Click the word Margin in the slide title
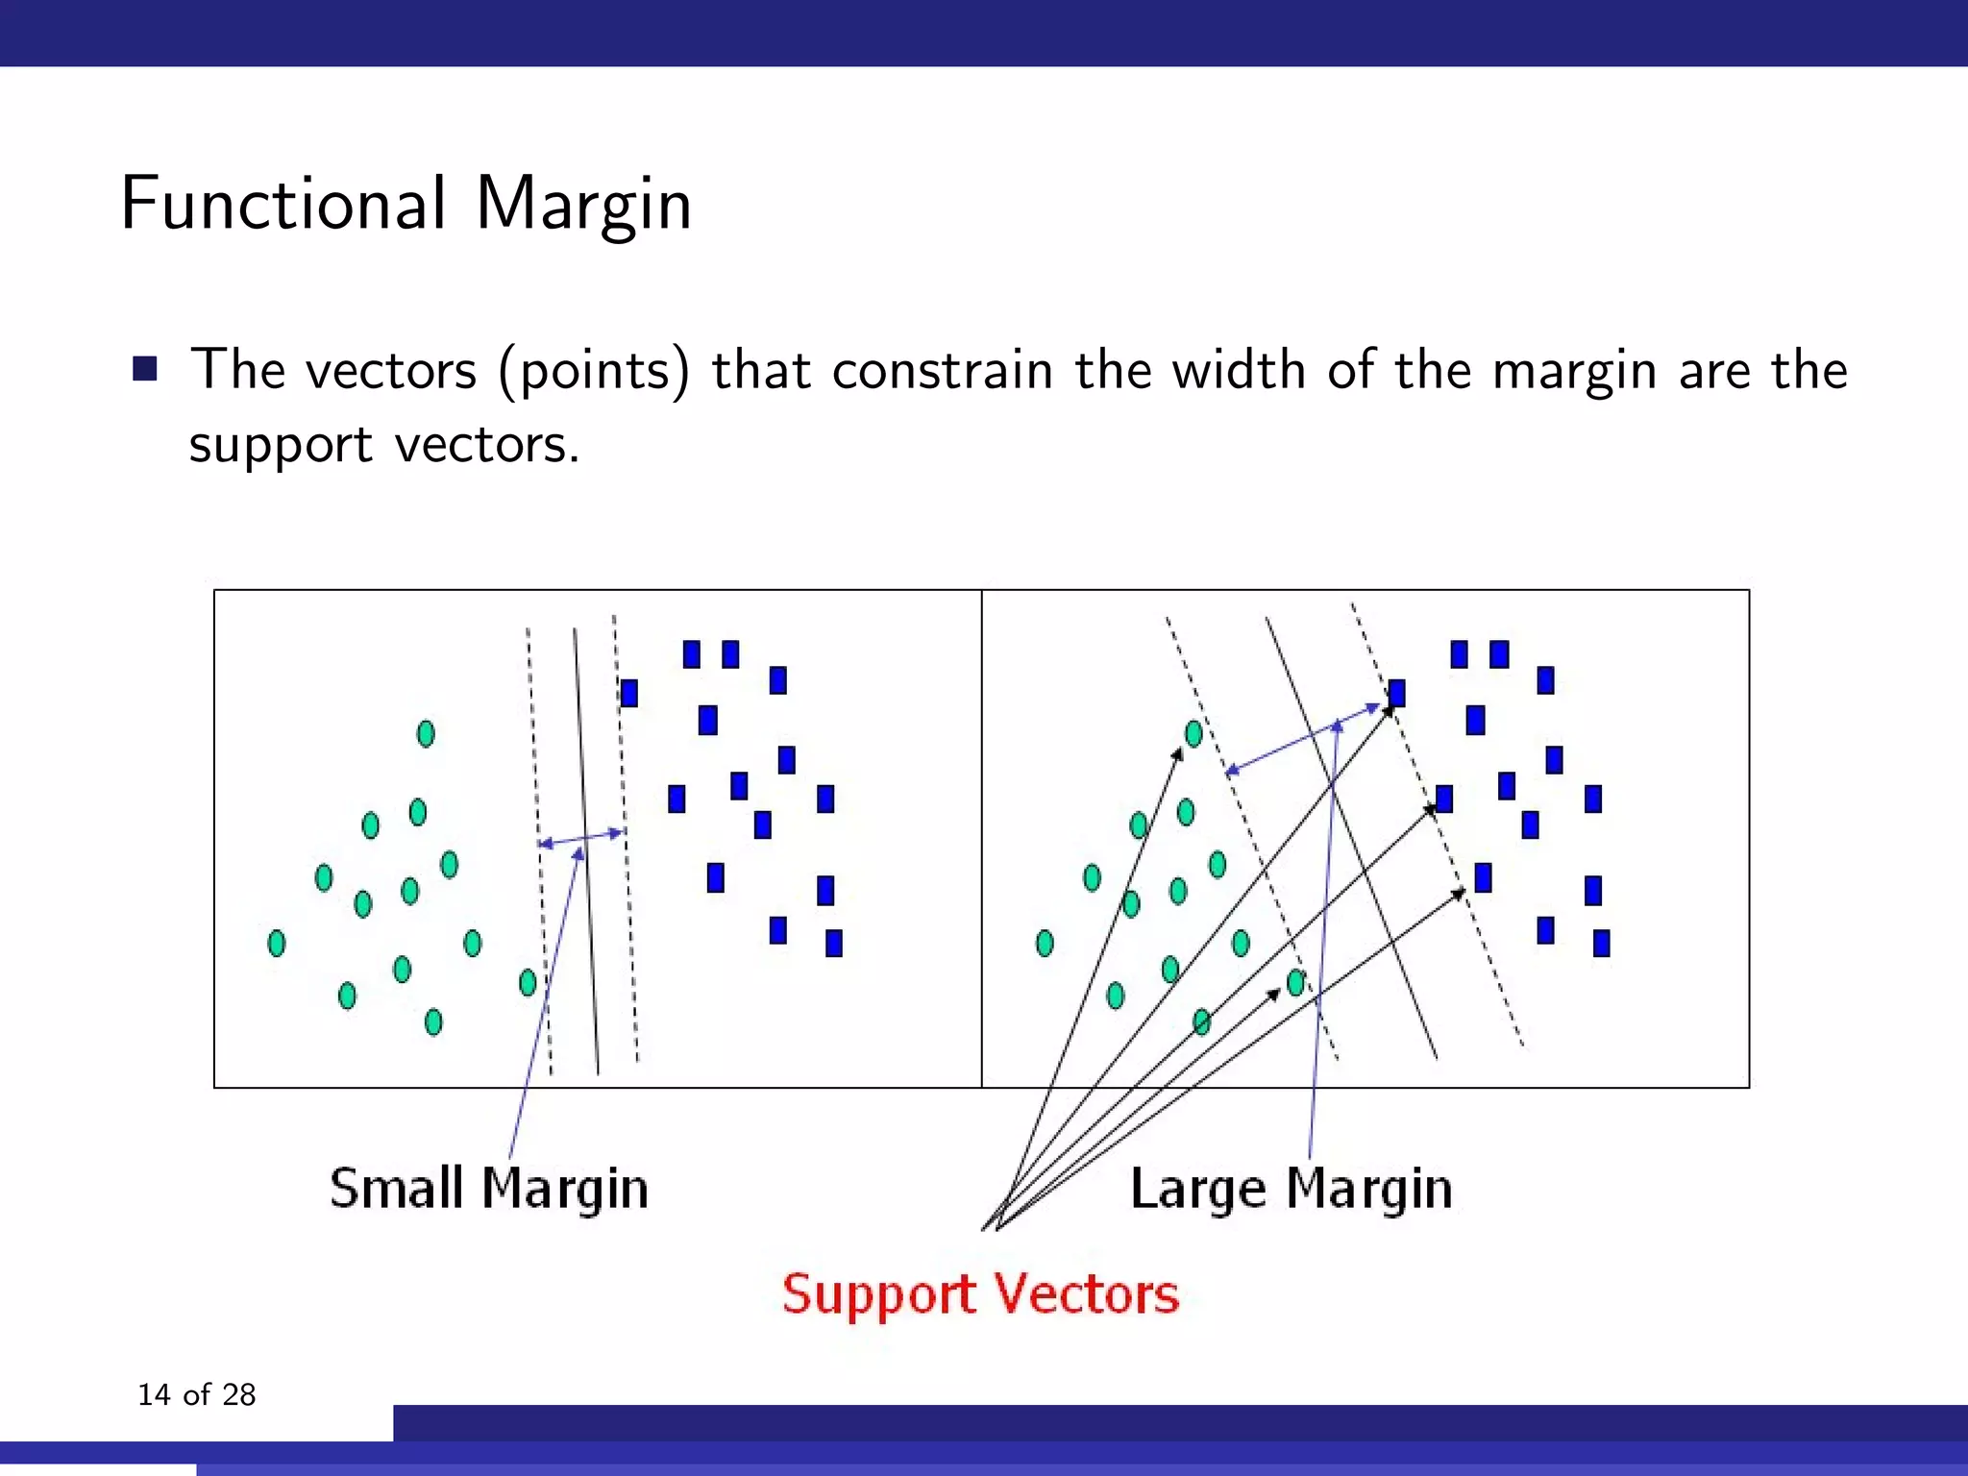583,206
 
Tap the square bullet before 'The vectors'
145,369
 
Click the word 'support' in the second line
280,445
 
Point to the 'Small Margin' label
488,1189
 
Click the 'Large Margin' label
1291,1189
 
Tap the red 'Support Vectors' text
980,1293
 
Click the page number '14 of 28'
196,1394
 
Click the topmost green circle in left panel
426,734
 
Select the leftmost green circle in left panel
277,943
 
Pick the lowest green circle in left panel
433,1021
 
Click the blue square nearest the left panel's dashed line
629,693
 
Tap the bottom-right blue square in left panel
834,943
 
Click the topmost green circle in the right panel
1193,734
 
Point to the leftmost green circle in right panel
1045,943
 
